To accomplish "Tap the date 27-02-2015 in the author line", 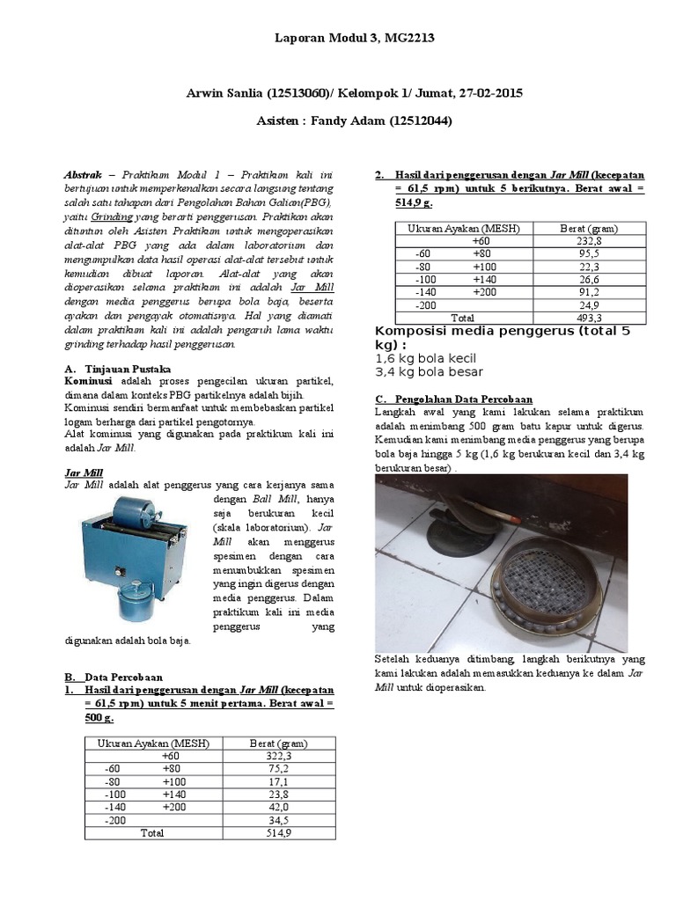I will pyautogui.click(x=491, y=94).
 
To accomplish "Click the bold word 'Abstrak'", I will pyautogui.click(x=89, y=174).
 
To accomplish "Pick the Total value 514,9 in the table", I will pyautogui.click(x=278, y=831).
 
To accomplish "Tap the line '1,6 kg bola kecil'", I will pyautogui.click(x=425, y=358).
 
